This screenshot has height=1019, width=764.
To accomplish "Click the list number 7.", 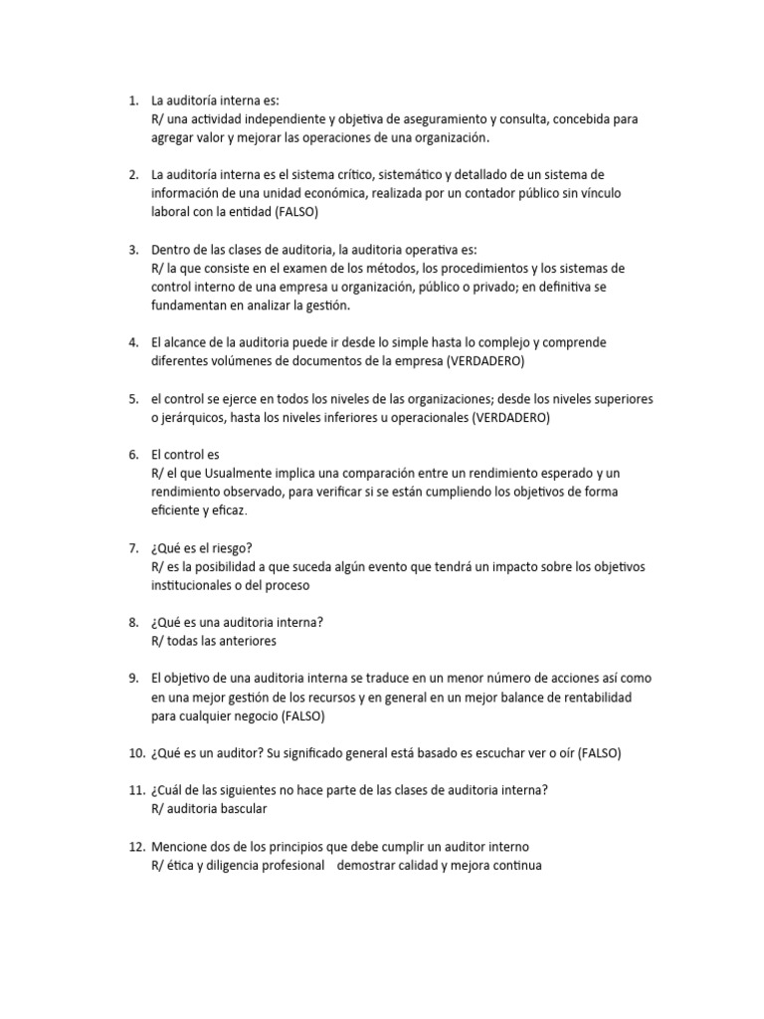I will [x=133, y=548].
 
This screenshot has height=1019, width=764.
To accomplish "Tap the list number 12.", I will [x=136, y=847].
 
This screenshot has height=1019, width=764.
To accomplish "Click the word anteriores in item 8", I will [x=242, y=641].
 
